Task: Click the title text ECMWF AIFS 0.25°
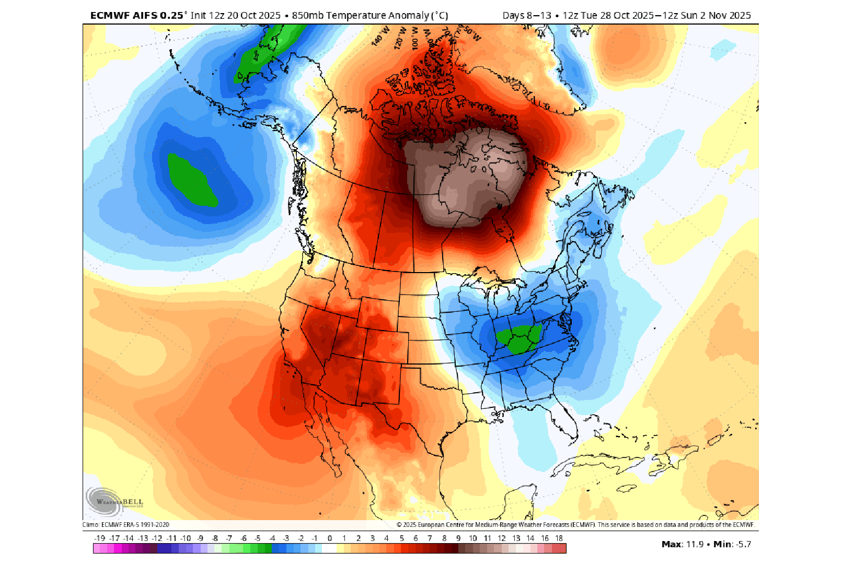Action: click(x=137, y=16)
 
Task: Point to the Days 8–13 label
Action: click(x=527, y=16)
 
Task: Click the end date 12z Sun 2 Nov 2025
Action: click(x=707, y=16)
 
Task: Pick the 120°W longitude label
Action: click(x=400, y=38)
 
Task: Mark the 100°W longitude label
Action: click(x=416, y=39)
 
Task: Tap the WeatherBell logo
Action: click(x=114, y=502)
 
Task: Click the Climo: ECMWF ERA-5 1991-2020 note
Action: click(x=126, y=525)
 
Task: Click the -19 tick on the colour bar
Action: click(x=99, y=538)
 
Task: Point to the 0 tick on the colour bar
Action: click(x=330, y=538)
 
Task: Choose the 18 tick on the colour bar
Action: click(x=559, y=538)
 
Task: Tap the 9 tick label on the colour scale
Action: click(x=458, y=538)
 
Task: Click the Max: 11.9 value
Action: click(x=683, y=544)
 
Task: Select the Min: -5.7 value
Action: click(x=732, y=544)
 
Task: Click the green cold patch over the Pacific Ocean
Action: click(x=192, y=180)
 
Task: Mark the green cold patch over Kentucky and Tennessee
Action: click(x=518, y=338)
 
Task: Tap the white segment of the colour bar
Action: click(x=329, y=548)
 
